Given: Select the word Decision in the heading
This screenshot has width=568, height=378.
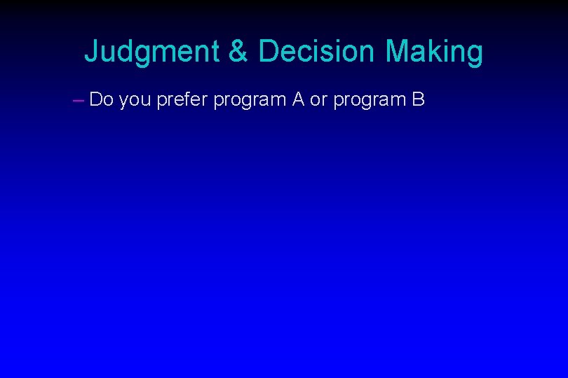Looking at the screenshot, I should click(x=318, y=52).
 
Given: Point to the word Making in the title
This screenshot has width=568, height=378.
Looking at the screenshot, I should click(x=434, y=52).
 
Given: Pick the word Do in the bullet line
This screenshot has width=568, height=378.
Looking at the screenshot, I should click(x=102, y=100).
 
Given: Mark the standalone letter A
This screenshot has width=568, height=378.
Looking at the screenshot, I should click(x=297, y=100).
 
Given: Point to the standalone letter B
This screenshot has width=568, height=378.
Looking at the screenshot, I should click(x=418, y=100).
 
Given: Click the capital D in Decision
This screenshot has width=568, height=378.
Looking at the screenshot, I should click(x=269, y=52).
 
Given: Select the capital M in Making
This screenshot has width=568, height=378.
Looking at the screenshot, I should click(x=398, y=52).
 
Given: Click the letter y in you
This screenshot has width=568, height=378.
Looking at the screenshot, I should click(x=123, y=102).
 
